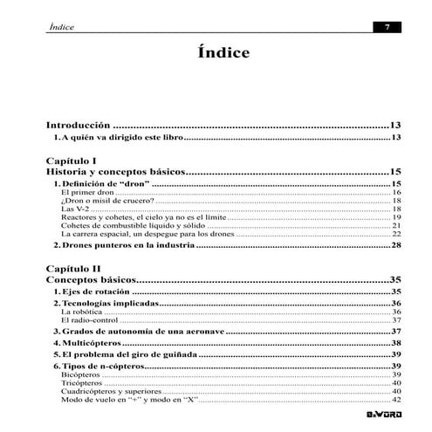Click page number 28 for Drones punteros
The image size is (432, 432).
395,245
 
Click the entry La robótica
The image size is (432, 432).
81,312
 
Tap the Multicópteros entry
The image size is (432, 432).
99,344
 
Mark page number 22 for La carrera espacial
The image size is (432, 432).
395,234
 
